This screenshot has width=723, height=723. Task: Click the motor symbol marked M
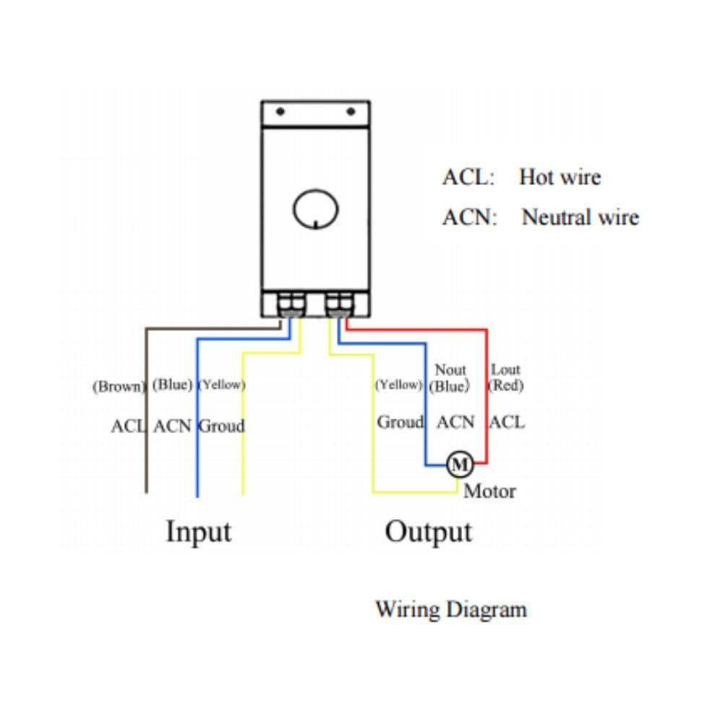coord(459,463)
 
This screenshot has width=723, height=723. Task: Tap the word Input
coord(199,531)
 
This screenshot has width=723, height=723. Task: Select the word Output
coord(428,531)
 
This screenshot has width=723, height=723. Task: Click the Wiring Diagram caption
coord(450,609)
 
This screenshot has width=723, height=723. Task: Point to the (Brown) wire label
coord(119,386)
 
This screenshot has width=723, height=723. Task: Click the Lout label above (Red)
coord(506,370)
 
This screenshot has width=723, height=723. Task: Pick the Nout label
coord(450,370)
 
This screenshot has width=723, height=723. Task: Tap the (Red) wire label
coord(506,385)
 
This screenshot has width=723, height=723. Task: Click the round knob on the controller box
coord(315,209)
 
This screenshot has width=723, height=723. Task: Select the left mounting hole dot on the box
coord(281,112)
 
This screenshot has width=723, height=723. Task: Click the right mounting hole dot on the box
coord(351,112)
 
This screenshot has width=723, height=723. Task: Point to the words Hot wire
coord(560,177)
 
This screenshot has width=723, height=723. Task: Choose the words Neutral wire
coord(580,217)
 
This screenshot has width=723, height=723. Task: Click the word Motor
coord(489,492)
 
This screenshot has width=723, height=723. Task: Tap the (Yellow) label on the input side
coord(221,385)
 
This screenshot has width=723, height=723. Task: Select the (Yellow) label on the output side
coord(398,385)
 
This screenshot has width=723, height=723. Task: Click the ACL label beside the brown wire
coord(128,426)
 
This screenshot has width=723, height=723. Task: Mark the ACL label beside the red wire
coord(507,422)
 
